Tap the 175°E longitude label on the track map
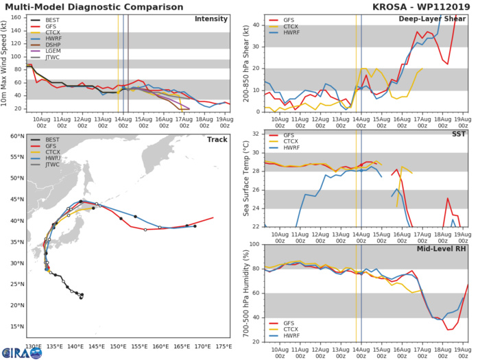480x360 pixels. (223, 347)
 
